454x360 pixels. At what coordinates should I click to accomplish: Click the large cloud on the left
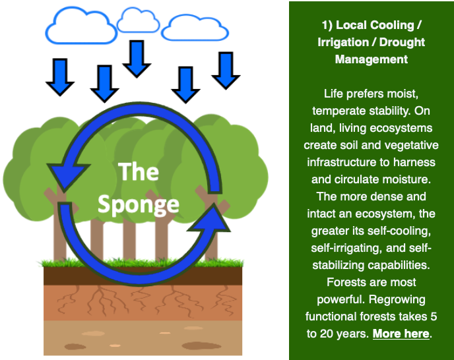79,26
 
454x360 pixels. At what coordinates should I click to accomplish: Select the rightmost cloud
195,28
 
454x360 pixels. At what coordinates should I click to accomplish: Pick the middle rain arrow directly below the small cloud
137,57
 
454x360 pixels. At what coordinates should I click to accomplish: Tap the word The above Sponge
139,173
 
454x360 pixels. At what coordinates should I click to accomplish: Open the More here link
401,334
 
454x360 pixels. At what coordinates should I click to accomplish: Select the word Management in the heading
372,59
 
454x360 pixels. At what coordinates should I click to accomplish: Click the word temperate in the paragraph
339,111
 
